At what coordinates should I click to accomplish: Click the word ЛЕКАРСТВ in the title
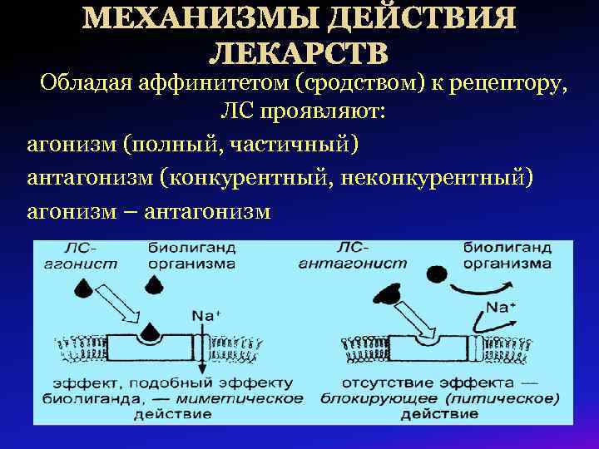pyautogui.click(x=298, y=52)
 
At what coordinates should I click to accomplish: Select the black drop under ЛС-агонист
pyautogui.click(x=84, y=288)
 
